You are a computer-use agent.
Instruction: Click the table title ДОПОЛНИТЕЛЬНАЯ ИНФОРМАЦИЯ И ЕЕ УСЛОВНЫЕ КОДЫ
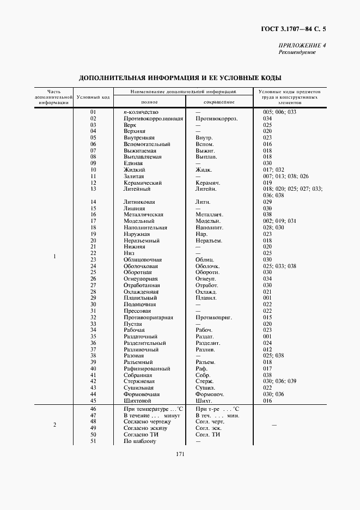click(180, 77)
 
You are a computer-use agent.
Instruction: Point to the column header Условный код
click(94, 97)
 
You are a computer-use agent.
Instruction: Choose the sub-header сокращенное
click(219, 101)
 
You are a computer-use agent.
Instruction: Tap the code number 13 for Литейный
click(94, 189)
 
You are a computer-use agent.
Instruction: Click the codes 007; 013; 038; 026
click(285, 176)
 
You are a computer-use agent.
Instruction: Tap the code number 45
click(94, 400)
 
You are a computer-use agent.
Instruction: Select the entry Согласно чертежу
click(147, 421)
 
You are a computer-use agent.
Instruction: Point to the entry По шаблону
click(139, 441)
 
